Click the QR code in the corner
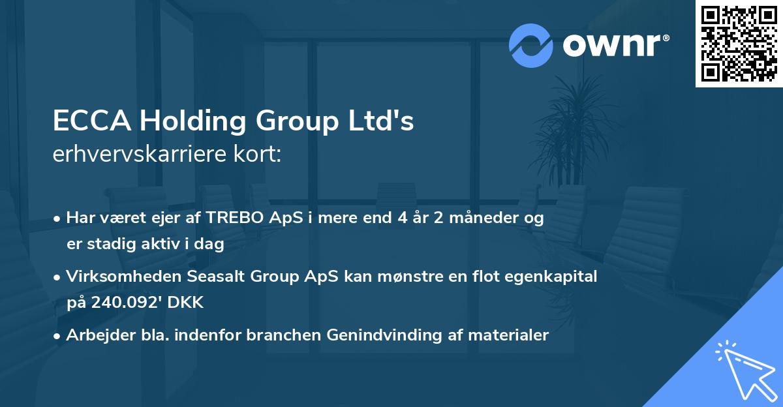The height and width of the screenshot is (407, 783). click(x=739, y=44)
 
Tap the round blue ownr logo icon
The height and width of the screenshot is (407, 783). click(x=531, y=45)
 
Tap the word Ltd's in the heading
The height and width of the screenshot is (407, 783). click(x=386, y=122)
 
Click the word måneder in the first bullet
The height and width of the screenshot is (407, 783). click(x=480, y=219)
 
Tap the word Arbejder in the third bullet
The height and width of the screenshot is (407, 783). click(x=95, y=335)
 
